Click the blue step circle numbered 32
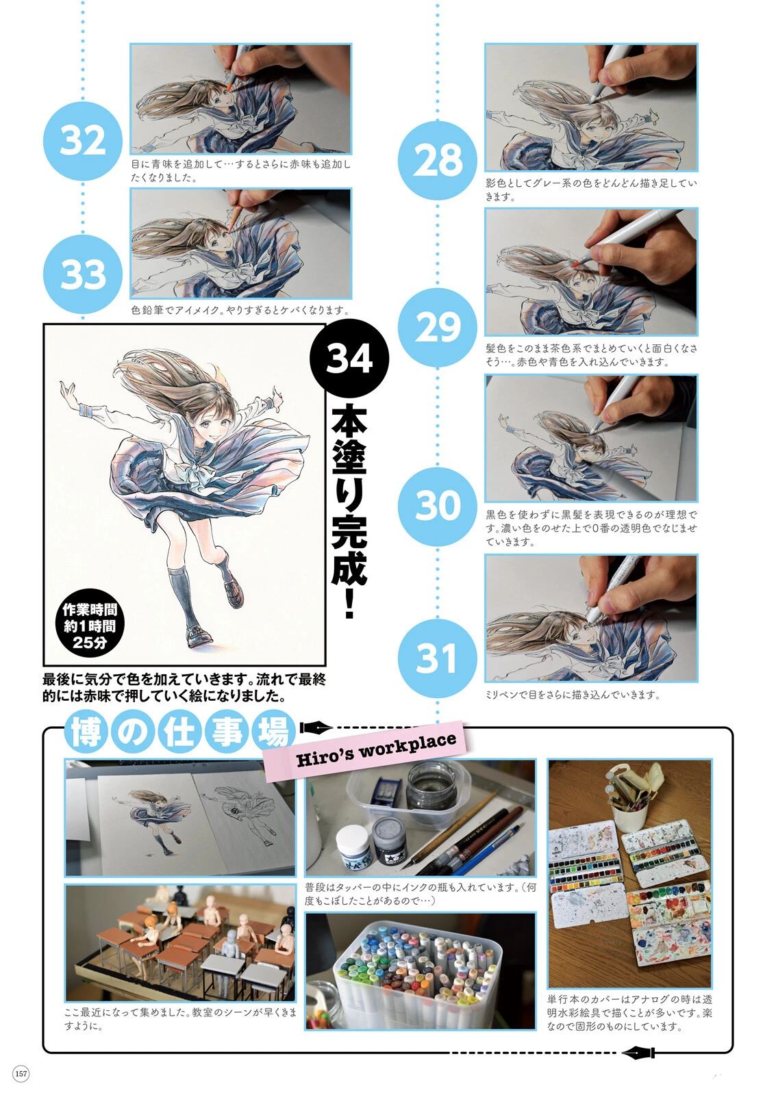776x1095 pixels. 82,142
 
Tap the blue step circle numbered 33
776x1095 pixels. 82,274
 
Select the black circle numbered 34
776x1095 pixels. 349,359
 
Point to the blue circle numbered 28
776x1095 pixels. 437,160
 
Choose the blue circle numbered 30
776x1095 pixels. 437,506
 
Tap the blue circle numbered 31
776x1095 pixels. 437,658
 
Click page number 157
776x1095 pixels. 21,1074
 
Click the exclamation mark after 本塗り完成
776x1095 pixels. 349,605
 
